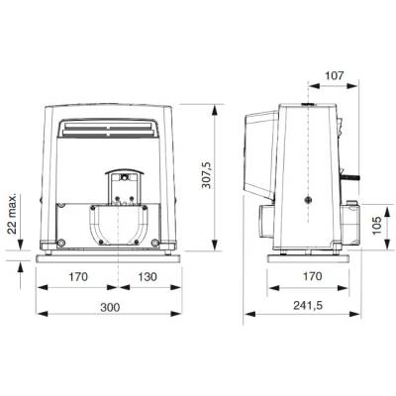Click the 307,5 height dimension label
pyautogui.click(x=207, y=175)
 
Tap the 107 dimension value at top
pyautogui.click(x=335, y=75)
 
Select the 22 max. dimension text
pyautogui.click(x=13, y=214)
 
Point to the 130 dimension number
pyautogui.click(x=148, y=276)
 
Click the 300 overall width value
pyautogui.click(x=110, y=307)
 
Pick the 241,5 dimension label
pyautogui.click(x=308, y=306)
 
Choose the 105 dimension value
pyautogui.click(x=376, y=226)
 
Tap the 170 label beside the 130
pyautogui.click(x=78, y=276)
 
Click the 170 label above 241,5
pyautogui.click(x=312, y=276)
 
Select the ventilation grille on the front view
pyautogui.click(x=108, y=129)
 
